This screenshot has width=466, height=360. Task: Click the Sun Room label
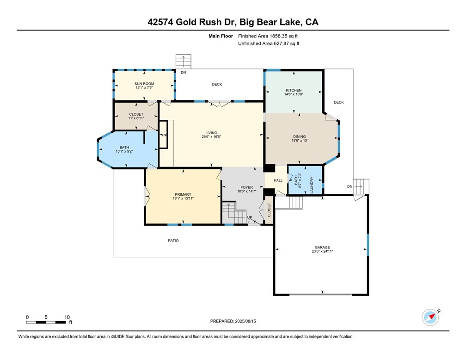145,84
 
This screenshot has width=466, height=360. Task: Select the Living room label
211,133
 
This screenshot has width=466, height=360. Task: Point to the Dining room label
299,137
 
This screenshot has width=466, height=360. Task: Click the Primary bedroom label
183,194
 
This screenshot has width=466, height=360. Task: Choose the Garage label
322,247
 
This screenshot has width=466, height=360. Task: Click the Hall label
278,180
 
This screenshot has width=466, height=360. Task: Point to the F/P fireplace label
163,135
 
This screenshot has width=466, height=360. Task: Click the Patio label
173,241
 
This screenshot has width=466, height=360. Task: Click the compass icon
430,317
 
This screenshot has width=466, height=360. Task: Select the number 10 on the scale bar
67,317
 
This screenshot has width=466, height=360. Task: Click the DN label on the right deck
349,186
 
